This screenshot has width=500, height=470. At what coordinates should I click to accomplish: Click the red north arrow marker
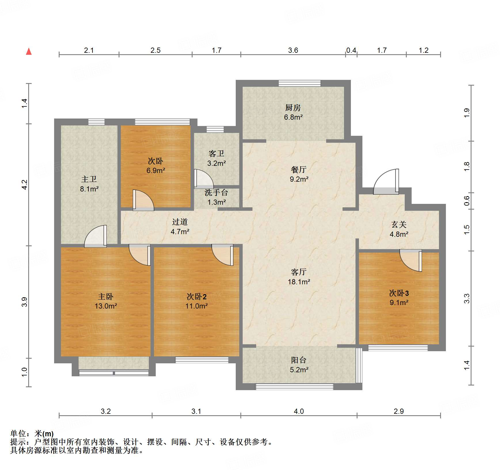(29, 52)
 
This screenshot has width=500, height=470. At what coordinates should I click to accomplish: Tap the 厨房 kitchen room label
(293, 108)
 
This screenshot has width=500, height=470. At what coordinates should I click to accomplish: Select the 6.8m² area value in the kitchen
(293, 117)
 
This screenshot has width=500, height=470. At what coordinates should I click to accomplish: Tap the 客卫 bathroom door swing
(203, 179)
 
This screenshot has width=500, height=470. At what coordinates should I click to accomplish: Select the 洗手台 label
(216, 193)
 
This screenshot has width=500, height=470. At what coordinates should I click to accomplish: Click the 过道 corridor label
(180, 222)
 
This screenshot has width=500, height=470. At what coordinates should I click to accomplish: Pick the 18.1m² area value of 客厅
(299, 282)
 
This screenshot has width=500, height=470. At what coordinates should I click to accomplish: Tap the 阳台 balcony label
(299, 360)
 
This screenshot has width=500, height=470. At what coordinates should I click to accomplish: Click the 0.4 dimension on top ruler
(351, 50)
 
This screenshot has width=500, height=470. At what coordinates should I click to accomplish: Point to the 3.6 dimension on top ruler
(293, 50)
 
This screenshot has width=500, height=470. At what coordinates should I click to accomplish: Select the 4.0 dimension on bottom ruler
(299, 411)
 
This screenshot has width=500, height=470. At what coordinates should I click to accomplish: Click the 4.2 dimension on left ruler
(25, 185)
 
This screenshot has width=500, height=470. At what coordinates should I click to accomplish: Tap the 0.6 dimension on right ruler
(467, 201)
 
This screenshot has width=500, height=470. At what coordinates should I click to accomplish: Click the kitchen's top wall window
(299, 83)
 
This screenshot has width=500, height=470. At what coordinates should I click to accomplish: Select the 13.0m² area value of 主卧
(106, 306)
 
